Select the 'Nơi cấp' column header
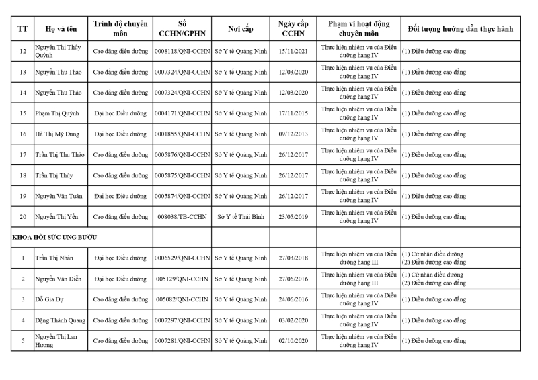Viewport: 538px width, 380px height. (x=241, y=30)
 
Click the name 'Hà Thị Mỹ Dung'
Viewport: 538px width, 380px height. (x=56, y=134)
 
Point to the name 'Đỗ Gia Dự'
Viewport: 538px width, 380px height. (x=50, y=299)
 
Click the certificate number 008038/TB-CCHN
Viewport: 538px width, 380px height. (x=182, y=217)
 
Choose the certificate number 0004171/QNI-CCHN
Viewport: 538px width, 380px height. (x=182, y=113)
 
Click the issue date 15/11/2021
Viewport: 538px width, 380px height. (x=293, y=52)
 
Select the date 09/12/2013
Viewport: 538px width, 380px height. (x=293, y=134)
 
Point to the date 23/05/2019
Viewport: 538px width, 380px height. (x=293, y=217)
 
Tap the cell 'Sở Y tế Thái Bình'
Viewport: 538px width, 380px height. (x=241, y=217)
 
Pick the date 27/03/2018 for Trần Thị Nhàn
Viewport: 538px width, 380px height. (x=293, y=258)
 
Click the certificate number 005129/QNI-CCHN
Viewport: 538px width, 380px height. (x=182, y=279)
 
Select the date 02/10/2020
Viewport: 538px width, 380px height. (x=293, y=341)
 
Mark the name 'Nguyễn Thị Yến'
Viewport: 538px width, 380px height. (x=56, y=217)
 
